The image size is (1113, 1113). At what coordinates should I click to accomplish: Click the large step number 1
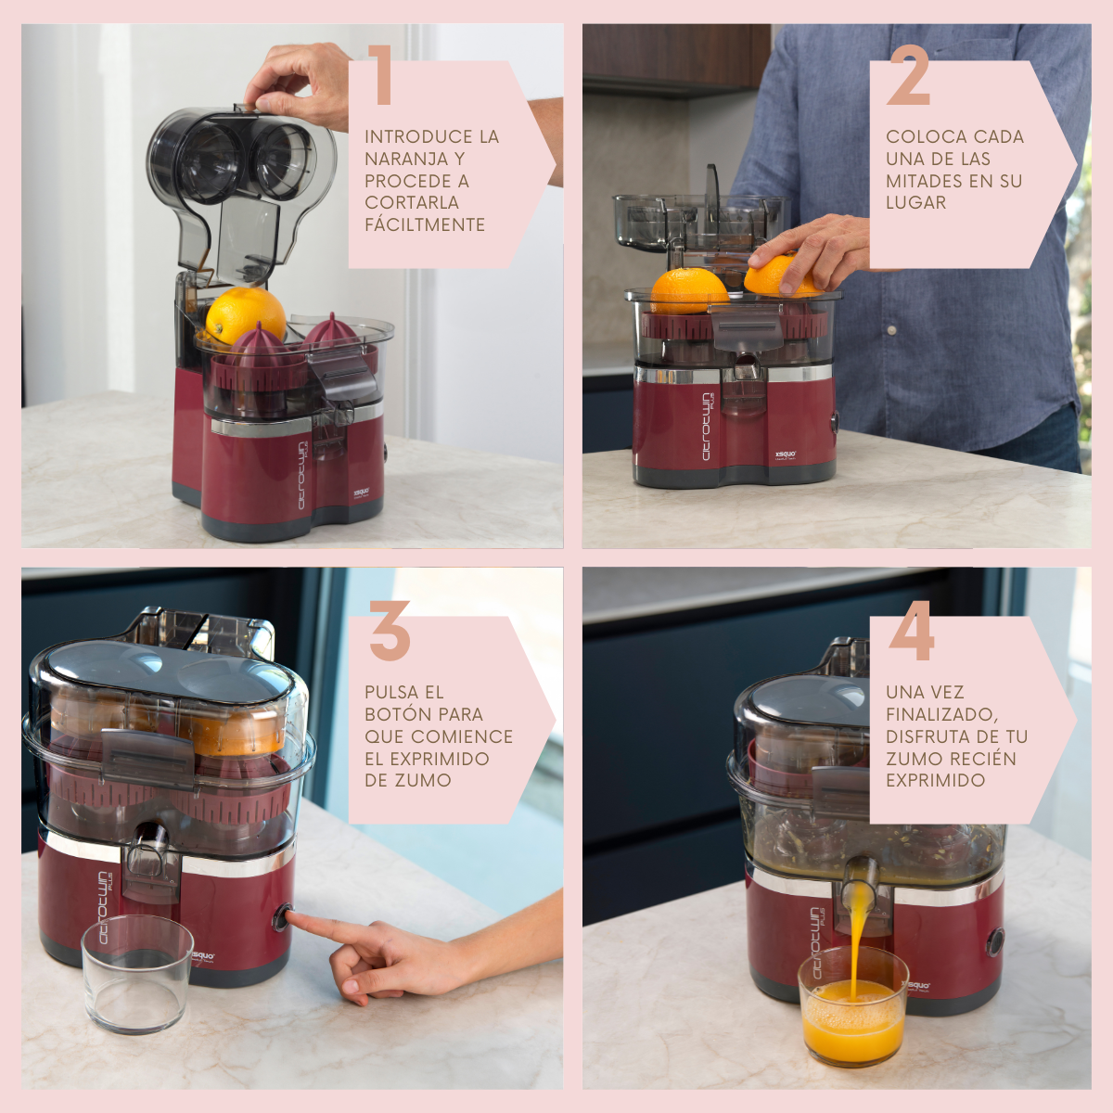click(380, 75)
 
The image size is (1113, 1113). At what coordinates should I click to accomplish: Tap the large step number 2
click(910, 75)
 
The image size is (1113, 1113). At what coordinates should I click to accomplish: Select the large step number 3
click(390, 631)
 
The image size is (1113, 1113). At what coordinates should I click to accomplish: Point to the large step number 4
click(912, 631)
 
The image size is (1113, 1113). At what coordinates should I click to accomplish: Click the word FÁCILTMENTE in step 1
click(425, 224)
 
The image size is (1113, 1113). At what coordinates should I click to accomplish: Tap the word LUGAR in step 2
click(916, 203)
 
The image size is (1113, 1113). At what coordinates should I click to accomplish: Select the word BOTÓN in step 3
click(397, 714)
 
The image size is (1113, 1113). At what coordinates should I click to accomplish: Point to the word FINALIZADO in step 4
click(942, 715)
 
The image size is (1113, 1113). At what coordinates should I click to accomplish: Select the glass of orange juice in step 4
click(853, 1006)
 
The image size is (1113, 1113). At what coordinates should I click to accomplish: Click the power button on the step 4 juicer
click(995, 941)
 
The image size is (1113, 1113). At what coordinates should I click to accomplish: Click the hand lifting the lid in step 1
click(301, 83)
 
